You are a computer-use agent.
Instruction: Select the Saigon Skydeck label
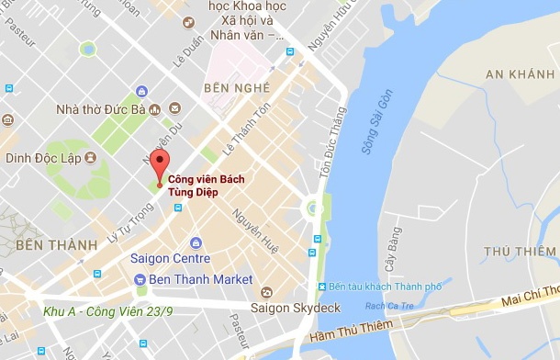tap(303, 307)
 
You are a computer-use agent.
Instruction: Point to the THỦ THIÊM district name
tap(521, 251)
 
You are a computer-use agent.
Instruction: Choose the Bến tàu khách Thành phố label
tap(386, 286)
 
